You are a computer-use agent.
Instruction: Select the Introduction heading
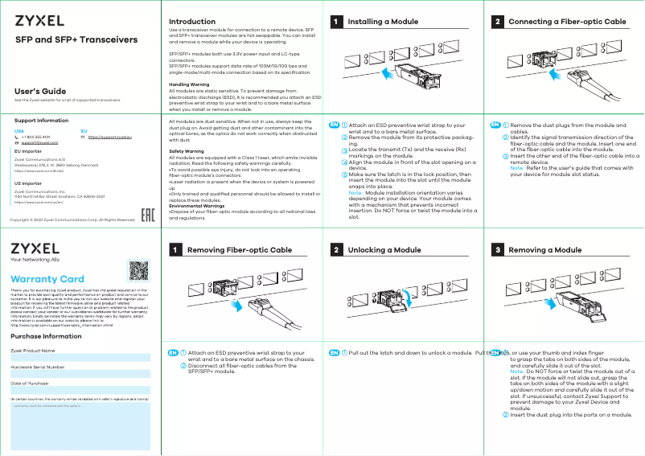[x=191, y=22]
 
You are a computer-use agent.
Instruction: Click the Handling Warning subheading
[x=189, y=84]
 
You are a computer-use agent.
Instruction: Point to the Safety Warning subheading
[x=186, y=150]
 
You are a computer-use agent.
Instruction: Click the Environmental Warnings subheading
[x=196, y=206]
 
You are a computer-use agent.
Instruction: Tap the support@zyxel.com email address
[x=39, y=142]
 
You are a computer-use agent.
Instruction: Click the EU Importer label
[x=28, y=151]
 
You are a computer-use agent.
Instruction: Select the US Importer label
[x=28, y=183]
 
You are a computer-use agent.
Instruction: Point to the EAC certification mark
[x=148, y=216]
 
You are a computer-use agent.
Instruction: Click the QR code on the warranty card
[x=139, y=272]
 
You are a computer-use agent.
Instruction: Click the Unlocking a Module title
[x=384, y=251]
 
